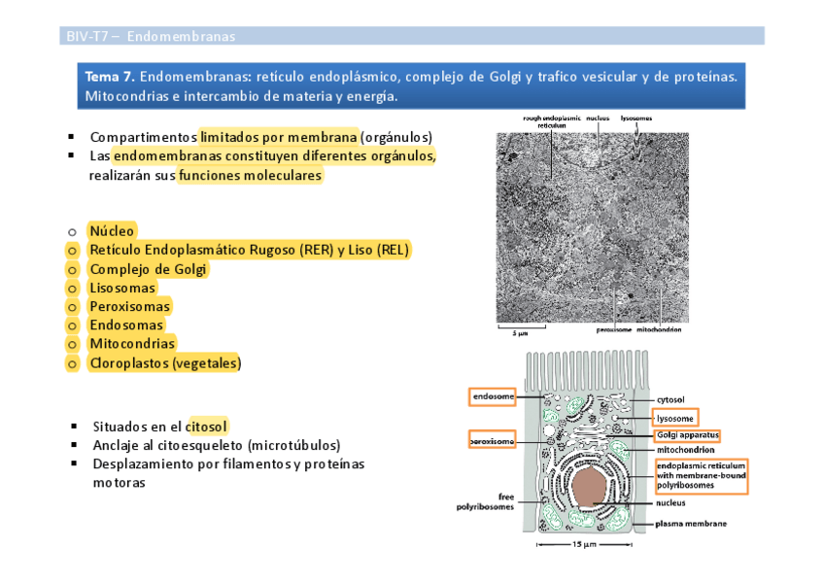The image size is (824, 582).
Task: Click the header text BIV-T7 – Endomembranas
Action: [151, 37]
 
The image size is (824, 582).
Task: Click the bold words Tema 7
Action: [110, 76]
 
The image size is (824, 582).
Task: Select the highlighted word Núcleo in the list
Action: [112, 231]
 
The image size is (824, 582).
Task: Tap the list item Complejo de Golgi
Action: [149, 269]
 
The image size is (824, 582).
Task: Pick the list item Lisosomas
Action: [122, 288]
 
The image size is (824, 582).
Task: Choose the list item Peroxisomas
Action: [129, 306]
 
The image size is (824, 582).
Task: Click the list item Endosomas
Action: [125, 325]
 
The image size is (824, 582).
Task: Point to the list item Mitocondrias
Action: [132, 343]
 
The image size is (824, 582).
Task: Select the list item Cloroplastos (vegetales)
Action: [165, 362]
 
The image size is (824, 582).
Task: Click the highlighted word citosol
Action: [207, 426]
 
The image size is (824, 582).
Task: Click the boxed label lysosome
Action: [675, 418]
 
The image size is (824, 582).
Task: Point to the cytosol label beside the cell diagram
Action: [670, 399]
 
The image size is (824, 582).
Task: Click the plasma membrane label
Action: [689, 523]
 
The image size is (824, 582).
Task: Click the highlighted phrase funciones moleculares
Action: [250, 176]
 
